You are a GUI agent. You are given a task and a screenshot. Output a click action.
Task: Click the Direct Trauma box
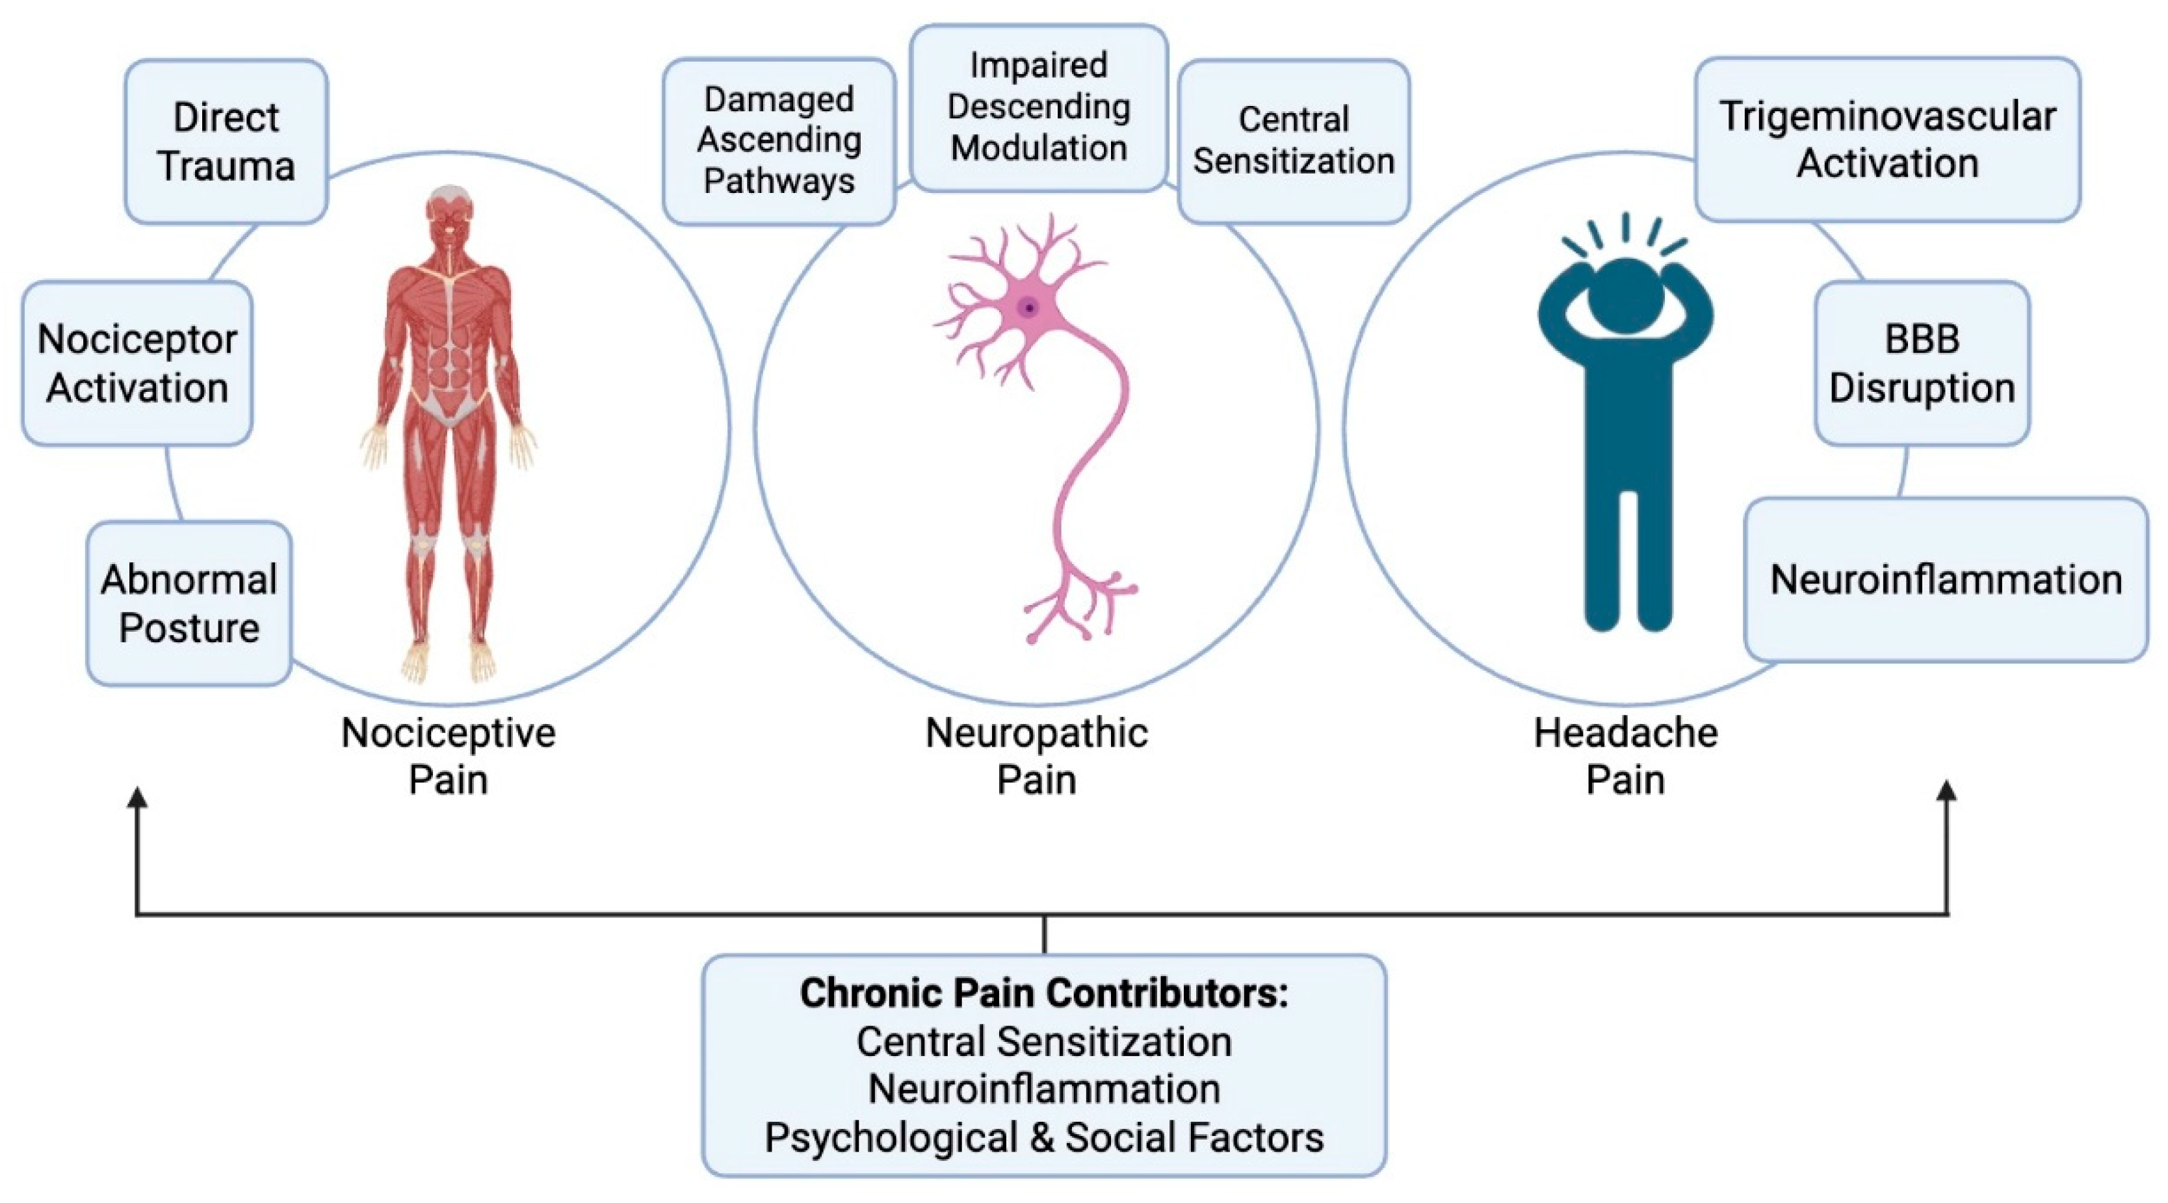point(226,141)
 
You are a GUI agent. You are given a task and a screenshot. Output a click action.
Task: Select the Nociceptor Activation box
point(137,363)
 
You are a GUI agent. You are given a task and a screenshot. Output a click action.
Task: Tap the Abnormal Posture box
point(189,603)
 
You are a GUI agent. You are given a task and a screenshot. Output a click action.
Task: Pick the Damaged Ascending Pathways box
point(779,140)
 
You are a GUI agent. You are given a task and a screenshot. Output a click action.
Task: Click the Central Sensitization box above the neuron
point(1294,140)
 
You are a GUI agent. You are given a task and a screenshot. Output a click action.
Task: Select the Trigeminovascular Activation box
point(1887,140)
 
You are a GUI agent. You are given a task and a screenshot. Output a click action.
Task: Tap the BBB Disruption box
point(1922,363)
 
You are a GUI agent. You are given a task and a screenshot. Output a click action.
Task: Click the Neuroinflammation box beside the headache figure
point(1946,580)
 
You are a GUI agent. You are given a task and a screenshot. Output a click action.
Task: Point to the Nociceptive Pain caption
point(448,755)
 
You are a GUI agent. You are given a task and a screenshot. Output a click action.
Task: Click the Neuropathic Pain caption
point(1036,755)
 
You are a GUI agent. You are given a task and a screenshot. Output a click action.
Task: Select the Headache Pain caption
point(1625,755)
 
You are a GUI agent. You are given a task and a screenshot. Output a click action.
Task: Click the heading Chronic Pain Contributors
point(1043,994)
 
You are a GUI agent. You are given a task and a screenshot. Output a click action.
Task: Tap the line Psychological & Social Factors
point(1043,1137)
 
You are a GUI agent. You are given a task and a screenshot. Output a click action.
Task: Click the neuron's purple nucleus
point(1028,308)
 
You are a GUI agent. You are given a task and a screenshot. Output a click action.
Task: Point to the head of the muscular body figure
point(449,215)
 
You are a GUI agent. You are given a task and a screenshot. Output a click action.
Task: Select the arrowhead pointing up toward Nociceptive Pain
point(137,797)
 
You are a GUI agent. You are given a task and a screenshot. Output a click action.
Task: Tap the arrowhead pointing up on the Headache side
point(1947,792)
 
